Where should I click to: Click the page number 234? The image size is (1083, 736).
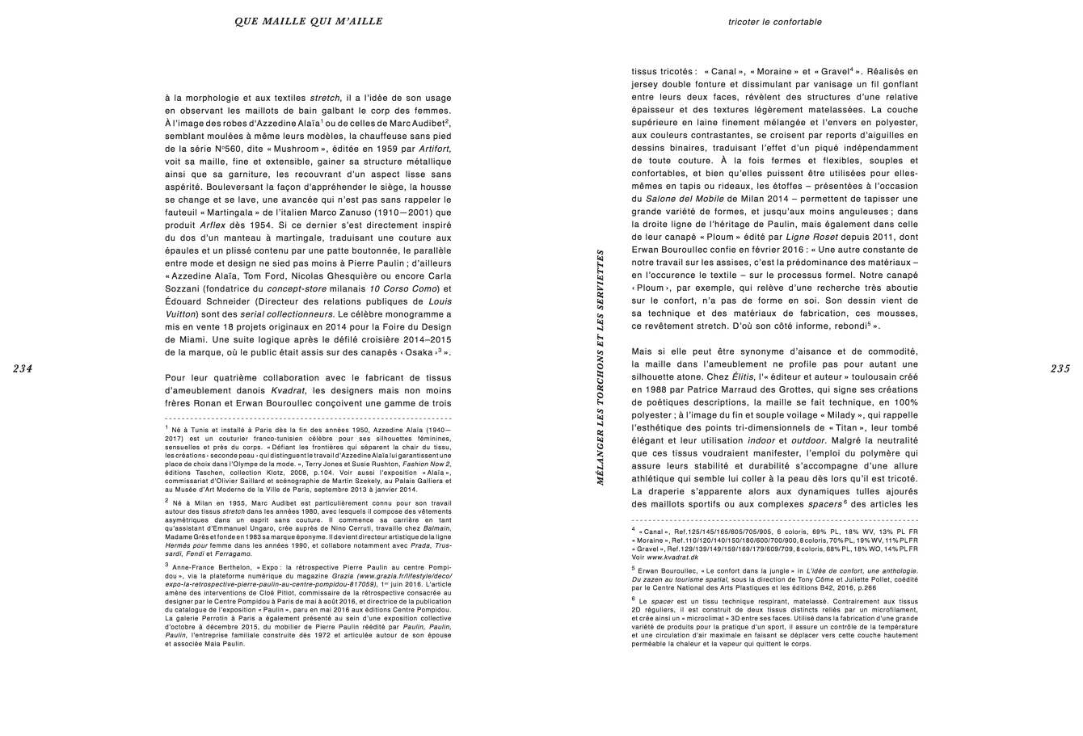pos(22,368)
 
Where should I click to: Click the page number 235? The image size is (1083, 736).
pos(1060,368)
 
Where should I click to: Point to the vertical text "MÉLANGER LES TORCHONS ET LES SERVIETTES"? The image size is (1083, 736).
pos(600,367)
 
